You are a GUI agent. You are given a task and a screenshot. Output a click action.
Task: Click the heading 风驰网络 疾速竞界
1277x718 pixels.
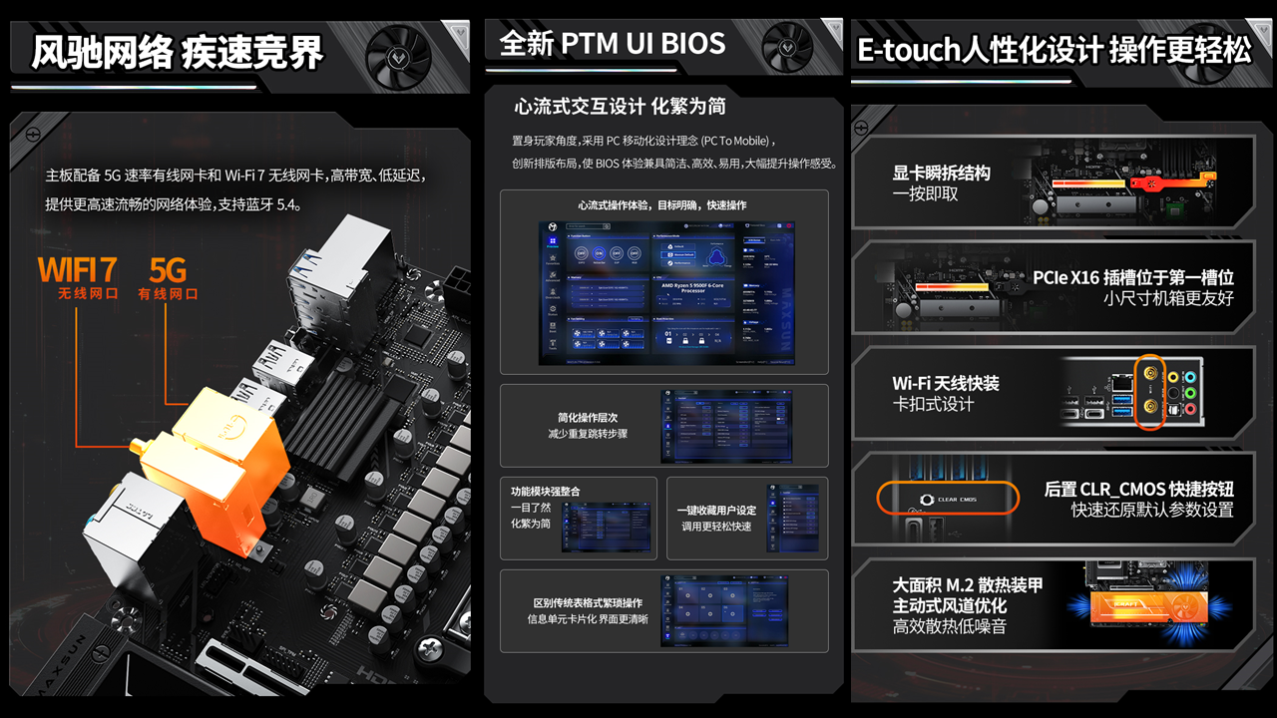pos(178,52)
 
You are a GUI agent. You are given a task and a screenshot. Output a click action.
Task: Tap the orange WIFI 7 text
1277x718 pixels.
pos(78,269)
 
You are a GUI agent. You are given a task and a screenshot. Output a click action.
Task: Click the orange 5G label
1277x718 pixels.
pos(168,269)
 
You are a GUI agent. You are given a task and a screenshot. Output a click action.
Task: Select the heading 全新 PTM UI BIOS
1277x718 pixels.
pos(612,44)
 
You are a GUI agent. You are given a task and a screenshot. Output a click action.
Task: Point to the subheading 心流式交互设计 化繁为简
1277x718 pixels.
pos(620,106)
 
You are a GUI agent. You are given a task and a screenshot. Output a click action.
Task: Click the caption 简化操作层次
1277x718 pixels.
pos(588,418)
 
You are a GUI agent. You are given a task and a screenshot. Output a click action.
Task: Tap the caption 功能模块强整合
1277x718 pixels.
pos(545,492)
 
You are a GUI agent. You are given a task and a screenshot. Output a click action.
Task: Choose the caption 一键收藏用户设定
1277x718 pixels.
pos(716,511)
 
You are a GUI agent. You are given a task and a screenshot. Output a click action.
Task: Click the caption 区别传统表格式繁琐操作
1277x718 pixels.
pos(588,603)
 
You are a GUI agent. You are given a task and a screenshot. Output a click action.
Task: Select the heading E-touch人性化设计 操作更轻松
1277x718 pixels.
pos(1054,51)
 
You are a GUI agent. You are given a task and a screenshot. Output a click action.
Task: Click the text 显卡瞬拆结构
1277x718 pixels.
pos(941,173)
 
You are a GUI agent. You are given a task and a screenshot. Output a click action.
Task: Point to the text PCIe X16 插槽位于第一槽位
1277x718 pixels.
pos(1133,277)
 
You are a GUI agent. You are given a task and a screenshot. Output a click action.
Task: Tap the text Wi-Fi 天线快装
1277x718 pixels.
pos(945,383)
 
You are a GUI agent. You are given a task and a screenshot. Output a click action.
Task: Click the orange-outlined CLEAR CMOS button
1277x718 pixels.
pos(948,498)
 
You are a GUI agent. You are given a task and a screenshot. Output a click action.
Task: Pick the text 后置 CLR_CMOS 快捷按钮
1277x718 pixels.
pos(1138,489)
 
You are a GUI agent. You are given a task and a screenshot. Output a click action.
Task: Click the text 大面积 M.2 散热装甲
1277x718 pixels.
pos(967,584)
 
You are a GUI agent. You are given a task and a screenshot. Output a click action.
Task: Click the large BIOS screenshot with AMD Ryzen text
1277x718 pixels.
pos(666,292)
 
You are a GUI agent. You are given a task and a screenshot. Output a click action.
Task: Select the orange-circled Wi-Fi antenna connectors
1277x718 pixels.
pos(1150,395)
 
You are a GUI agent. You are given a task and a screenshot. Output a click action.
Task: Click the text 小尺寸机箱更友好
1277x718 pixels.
pos(1168,298)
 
